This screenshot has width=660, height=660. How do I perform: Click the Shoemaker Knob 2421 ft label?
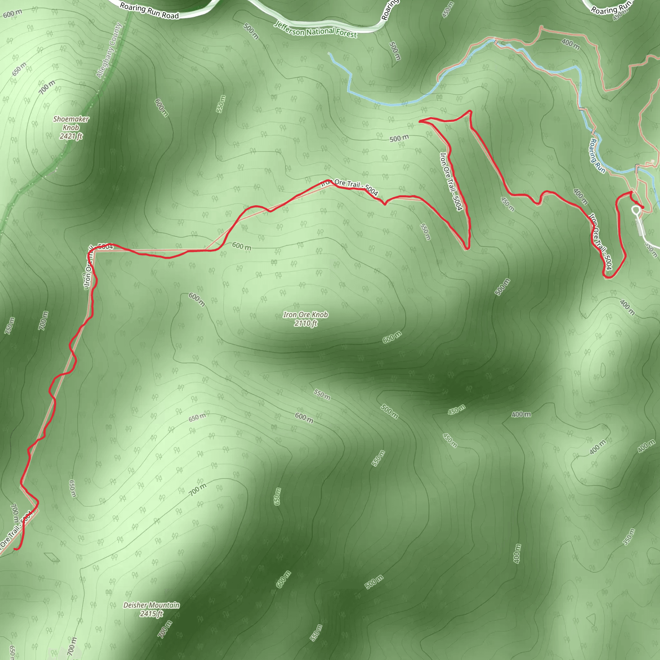71,128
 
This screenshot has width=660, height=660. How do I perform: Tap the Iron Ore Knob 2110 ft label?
306,319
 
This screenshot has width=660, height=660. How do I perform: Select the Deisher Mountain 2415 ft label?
151,609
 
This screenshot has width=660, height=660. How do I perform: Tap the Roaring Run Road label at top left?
149,11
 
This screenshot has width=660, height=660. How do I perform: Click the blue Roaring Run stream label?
597,156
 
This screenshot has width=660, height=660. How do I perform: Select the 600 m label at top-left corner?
12,14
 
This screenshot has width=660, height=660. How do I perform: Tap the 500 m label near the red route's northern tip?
399,138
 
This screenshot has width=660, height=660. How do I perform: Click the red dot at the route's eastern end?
642,207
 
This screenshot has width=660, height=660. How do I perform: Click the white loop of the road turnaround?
636,210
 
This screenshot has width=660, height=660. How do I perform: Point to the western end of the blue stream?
329,53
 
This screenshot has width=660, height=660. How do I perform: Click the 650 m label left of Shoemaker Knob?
19,69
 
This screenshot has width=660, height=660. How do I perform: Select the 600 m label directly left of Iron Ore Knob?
197,299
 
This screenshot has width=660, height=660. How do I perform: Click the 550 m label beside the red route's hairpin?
425,232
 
